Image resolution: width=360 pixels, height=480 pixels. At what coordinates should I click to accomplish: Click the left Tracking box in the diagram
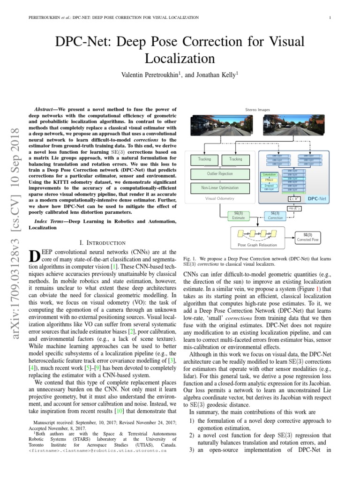pyautogui.click(x=204, y=159)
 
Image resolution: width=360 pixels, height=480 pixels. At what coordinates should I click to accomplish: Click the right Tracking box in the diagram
pyautogui.click(x=236, y=159)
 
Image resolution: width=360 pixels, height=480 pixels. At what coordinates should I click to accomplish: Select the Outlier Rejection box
pyautogui.click(x=220, y=174)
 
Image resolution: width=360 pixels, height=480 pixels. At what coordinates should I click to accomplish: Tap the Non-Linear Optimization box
pyautogui.click(x=220, y=187)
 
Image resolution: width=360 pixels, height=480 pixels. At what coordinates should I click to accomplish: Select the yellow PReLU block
pyautogui.click(x=269, y=180)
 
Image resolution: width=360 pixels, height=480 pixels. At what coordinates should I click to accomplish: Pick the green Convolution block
pyautogui.click(x=269, y=174)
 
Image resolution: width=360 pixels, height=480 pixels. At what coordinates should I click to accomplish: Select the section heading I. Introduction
pyautogui.click(x=102, y=242)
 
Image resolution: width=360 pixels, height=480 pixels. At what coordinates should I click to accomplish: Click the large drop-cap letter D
pyautogui.click(x=34, y=256)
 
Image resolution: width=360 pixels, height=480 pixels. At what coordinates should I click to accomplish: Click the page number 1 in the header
pyautogui.click(x=330, y=18)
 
